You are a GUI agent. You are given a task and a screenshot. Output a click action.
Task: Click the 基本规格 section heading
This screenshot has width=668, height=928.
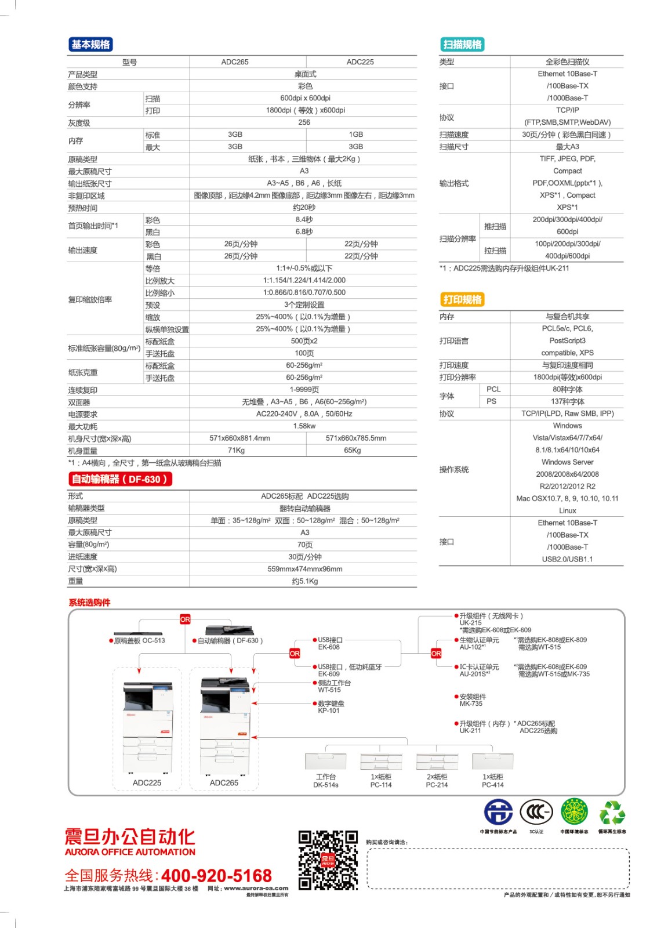pyautogui.click(x=90, y=45)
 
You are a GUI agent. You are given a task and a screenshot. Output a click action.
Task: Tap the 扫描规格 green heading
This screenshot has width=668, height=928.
pyautogui.click(x=462, y=45)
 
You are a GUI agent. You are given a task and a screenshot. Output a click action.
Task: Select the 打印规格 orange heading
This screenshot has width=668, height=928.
pyautogui.click(x=462, y=299)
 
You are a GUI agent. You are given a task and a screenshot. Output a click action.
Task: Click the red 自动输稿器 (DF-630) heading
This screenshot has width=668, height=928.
pyautogui.click(x=120, y=479)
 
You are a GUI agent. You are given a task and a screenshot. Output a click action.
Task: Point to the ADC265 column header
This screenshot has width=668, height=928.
pyautogui.click(x=235, y=62)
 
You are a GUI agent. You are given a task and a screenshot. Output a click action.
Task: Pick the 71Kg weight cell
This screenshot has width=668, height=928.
pyautogui.click(x=236, y=451)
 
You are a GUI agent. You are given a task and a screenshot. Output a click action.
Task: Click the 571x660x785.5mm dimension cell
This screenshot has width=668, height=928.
pyautogui.click(x=356, y=438)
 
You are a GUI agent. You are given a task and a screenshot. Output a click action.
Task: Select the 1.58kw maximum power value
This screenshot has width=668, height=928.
pyautogui.click(x=304, y=426)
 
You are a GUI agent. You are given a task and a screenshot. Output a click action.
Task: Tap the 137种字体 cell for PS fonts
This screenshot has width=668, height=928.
pyautogui.click(x=568, y=401)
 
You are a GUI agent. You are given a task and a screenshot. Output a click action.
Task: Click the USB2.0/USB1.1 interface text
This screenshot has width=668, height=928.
pyautogui.click(x=567, y=559)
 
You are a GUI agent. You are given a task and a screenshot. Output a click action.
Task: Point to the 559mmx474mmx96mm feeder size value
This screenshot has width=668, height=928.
pyautogui.click(x=304, y=569)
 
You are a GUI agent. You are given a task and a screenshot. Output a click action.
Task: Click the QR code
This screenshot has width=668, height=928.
pyautogui.click(x=328, y=860)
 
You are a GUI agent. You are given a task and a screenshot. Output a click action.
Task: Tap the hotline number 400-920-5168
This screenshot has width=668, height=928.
pyautogui.click(x=216, y=875)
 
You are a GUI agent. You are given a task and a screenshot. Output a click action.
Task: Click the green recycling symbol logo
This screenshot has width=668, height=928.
pyautogui.click(x=612, y=813)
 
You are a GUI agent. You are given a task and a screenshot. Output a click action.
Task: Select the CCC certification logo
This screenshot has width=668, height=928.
pyautogui.click(x=536, y=812)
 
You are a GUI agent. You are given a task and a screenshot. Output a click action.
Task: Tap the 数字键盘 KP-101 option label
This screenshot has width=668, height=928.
pyautogui.click(x=331, y=706)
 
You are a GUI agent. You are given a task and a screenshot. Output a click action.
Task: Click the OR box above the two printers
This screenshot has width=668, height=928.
pyautogui.click(x=185, y=619)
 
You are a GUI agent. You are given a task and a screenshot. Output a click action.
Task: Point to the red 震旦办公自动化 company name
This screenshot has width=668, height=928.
pyautogui.click(x=130, y=837)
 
